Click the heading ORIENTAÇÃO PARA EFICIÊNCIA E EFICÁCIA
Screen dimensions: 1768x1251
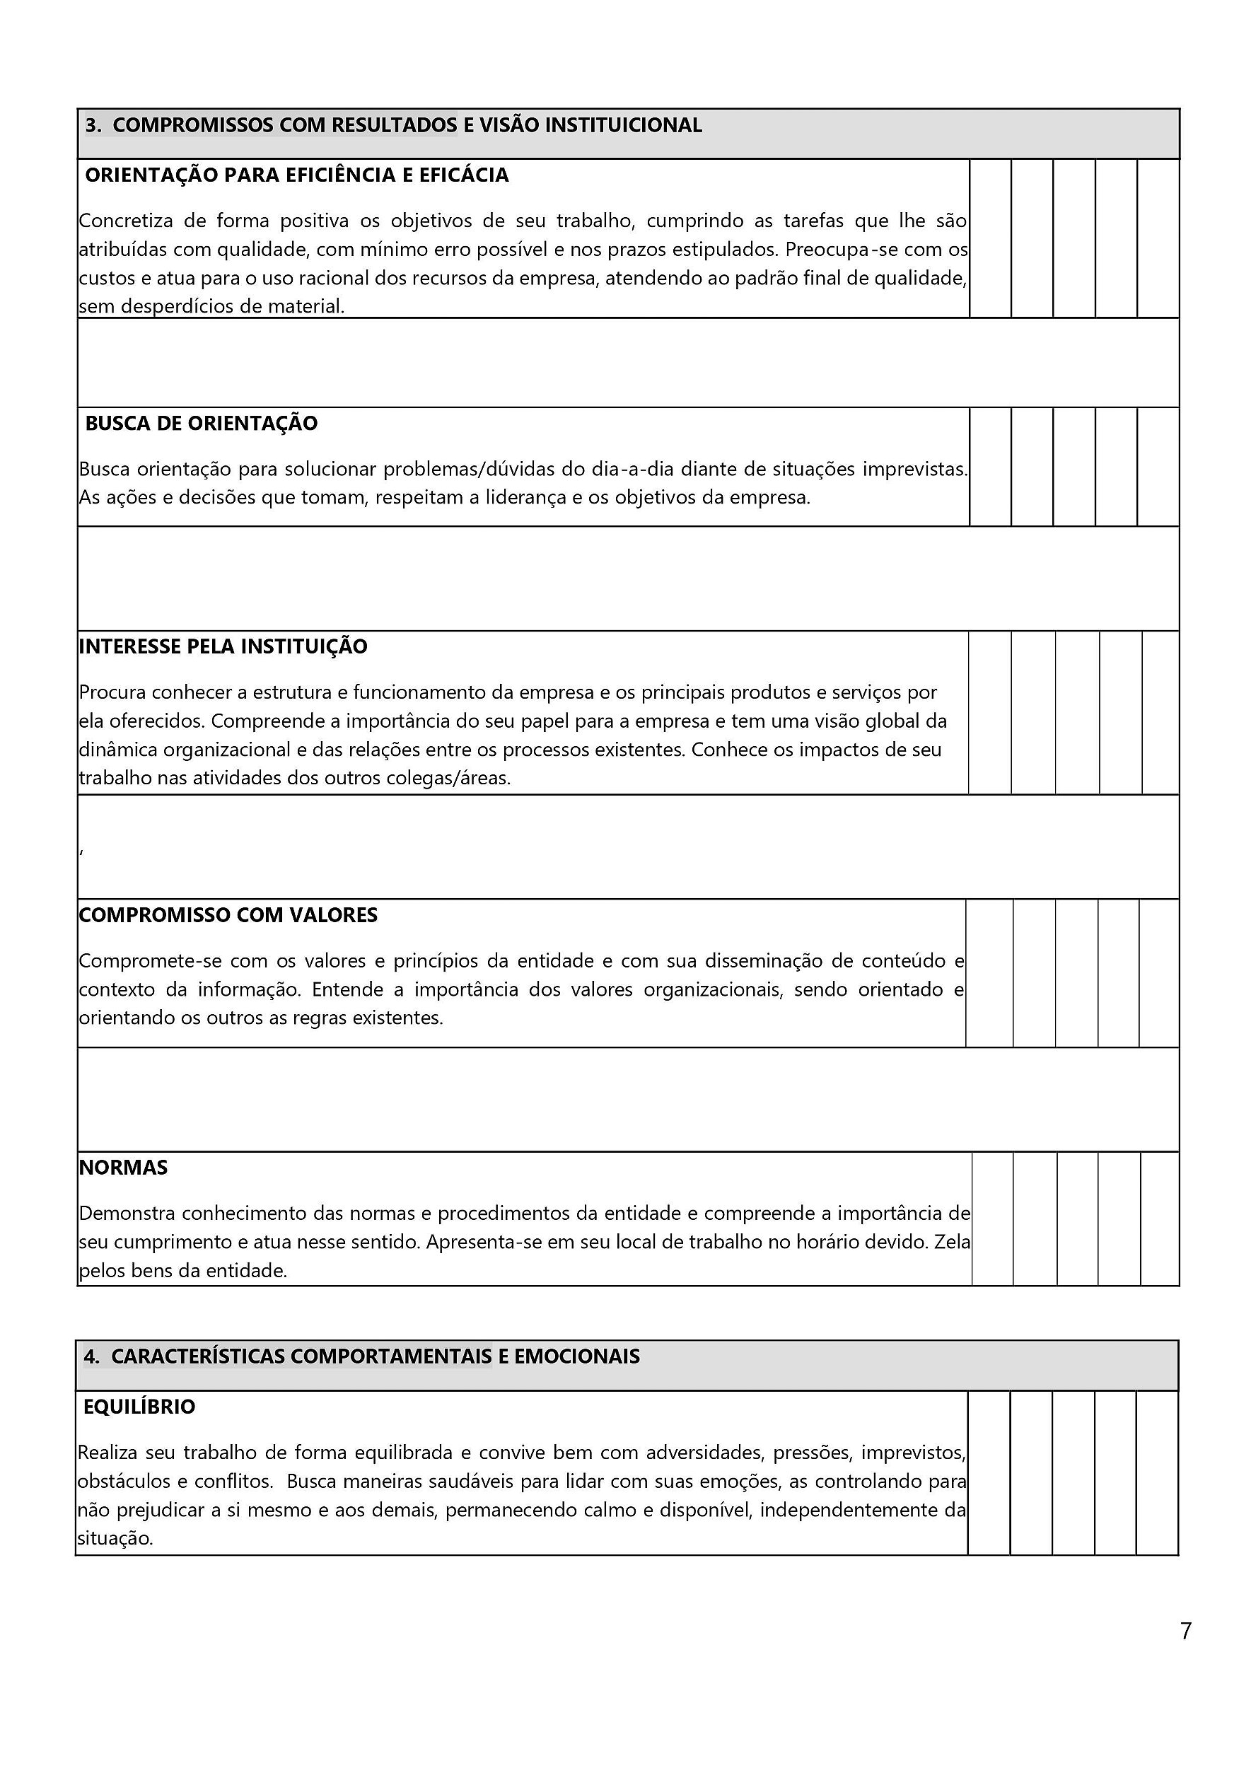click(x=296, y=175)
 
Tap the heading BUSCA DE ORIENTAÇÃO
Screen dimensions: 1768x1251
click(x=201, y=424)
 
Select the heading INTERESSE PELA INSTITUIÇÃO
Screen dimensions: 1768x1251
click(x=223, y=646)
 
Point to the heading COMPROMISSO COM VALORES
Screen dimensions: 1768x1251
click(x=228, y=915)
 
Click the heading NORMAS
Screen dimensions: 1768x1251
click(x=123, y=1168)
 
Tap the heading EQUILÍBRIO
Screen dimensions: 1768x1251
click(x=139, y=1407)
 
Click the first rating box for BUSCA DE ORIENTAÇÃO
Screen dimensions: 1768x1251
click(x=990, y=467)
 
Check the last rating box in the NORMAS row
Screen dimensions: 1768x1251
click(x=1159, y=1219)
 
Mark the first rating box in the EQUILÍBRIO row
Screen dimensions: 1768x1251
click(x=989, y=1472)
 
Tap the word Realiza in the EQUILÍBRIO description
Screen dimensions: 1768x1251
click(x=107, y=1453)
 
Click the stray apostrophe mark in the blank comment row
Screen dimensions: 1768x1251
click(x=81, y=850)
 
